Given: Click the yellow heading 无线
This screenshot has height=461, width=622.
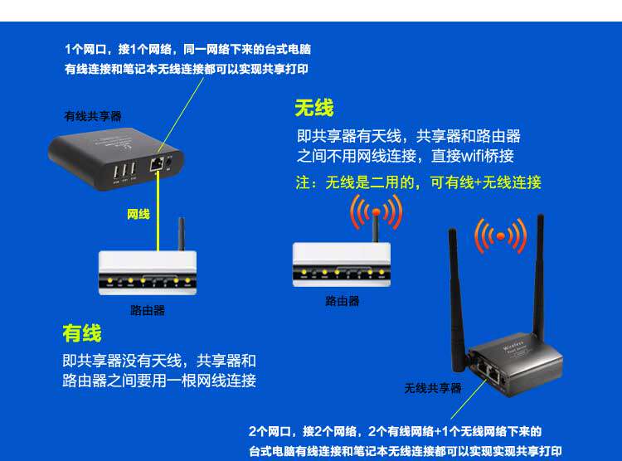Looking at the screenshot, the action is (x=313, y=108).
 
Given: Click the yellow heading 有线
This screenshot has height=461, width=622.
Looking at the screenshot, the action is (x=81, y=333).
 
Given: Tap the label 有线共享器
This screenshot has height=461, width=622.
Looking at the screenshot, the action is (x=93, y=117).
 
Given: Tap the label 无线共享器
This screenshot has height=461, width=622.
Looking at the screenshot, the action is (x=433, y=388).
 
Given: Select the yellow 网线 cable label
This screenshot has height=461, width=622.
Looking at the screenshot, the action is (x=138, y=214).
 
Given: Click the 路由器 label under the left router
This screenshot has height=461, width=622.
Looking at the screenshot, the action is (x=148, y=310).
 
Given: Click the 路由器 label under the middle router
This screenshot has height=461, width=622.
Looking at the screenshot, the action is (x=343, y=301).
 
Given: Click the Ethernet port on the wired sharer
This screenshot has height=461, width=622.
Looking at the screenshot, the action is (x=156, y=163).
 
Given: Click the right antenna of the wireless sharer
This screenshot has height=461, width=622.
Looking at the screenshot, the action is (x=540, y=274).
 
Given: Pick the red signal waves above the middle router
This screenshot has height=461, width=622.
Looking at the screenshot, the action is (x=375, y=212).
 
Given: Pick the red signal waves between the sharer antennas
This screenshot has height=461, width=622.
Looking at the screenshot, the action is (x=500, y=236).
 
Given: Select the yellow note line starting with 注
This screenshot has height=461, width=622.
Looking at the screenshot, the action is (x=418, y=182).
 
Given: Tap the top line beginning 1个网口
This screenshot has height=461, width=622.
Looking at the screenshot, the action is (x=187, y=50).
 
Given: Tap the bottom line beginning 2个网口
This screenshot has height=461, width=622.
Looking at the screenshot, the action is (x=395, y=431).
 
